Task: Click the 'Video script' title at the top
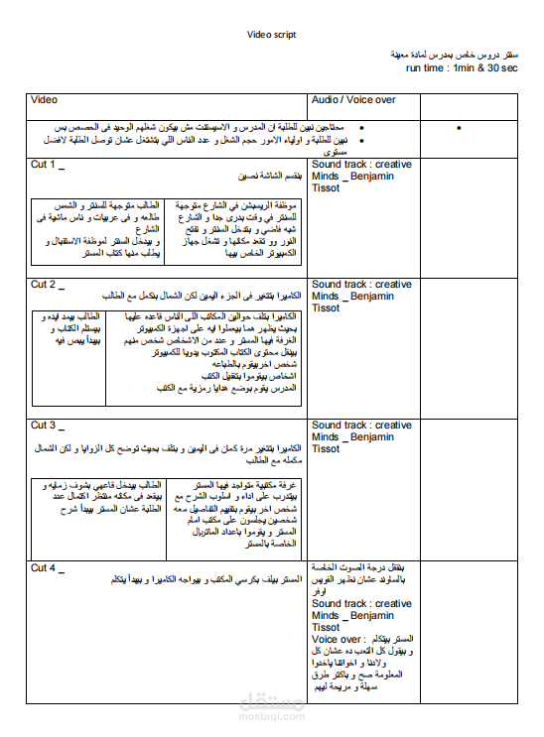pos(272,35)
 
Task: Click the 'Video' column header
pos(45,100)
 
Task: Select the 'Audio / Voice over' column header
pos(353,100)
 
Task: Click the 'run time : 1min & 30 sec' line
pos(462,68)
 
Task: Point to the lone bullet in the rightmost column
pos(460,129)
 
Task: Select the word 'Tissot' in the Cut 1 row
pos(327,187)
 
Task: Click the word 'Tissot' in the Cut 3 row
pos(327,449)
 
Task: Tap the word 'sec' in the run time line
pos(508,68)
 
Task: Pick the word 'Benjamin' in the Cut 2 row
pos(373,297)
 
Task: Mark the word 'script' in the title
pos(285,35)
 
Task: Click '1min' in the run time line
pos(463,68)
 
